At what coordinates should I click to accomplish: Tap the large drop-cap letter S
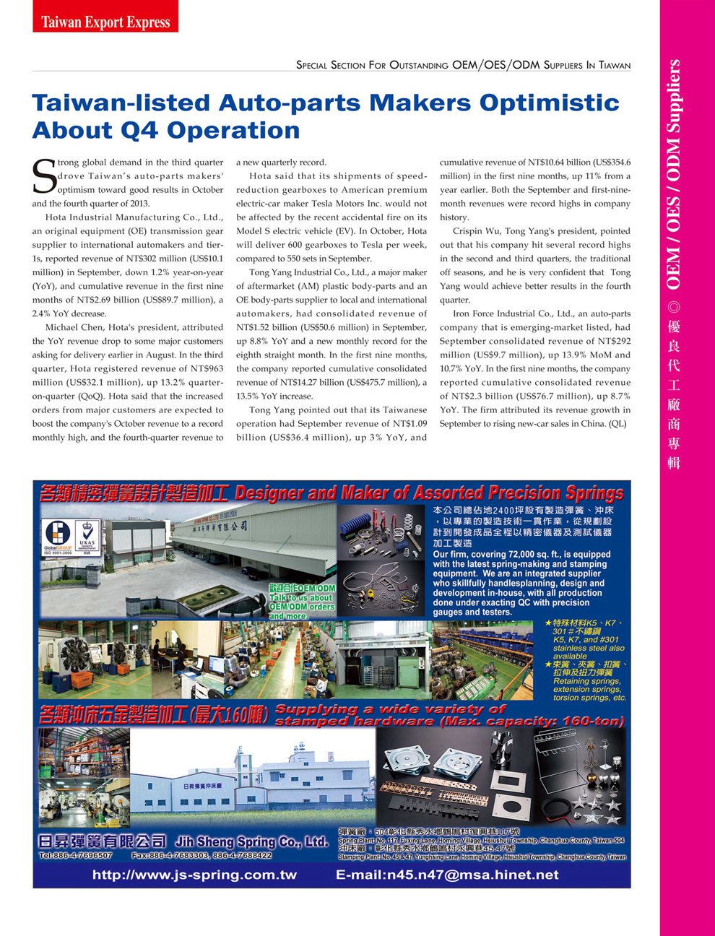(x=44, y=177)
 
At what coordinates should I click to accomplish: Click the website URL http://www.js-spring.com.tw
(x=194, y=875)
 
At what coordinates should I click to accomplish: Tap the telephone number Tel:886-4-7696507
(x=75, y=855)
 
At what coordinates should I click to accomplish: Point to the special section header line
(x=463, y=65)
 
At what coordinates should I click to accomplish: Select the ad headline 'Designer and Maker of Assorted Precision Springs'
(x=429, y=493)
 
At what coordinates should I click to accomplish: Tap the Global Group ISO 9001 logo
(x=58, y=537)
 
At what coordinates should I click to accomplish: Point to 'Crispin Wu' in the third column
(x=477, y=231)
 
